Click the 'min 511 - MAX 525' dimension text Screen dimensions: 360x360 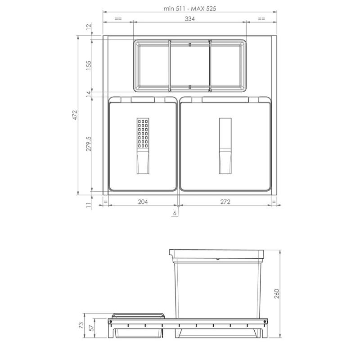click(x=189, y=9)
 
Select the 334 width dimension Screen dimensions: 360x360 click(x=189, y=19)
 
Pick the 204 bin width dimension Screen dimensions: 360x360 click(x=143, y=202)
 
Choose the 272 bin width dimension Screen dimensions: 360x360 click(x=225, y=202)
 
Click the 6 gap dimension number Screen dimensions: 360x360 click(x=174, y=213)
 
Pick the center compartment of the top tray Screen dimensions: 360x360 click(x=189, y=65)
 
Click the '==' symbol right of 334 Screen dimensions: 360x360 click(x=261, y=19)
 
